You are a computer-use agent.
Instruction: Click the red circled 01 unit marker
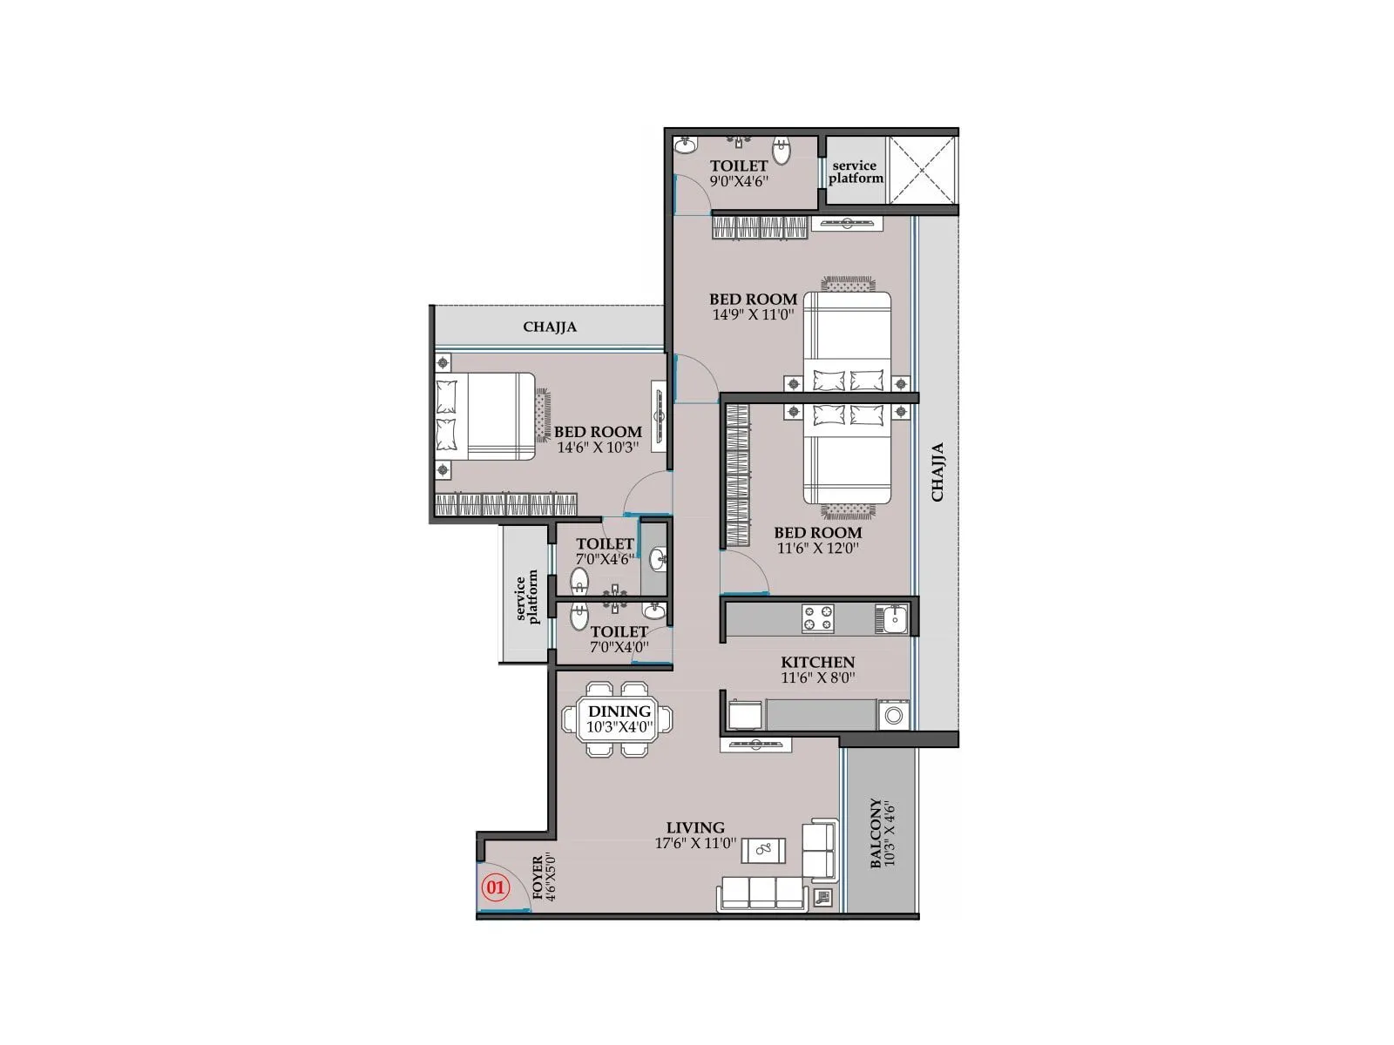pyautogui.click(x=495, y=888)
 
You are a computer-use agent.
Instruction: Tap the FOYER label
pyautogui.click(x=538, y=877)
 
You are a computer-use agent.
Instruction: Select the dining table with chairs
pyautogui.click(x=619, y=719)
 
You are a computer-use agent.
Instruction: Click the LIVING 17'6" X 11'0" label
pyautogui.click(x=695, y=835)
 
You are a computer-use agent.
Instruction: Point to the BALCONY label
pyautogui.click(x=882, y=834)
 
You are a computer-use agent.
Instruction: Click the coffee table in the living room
pyautogui.click(x=763, y=850)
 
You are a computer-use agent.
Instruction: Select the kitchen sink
pyautogui.click(x=895, y=619)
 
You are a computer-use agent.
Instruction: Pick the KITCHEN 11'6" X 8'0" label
pyautogui.click(x=817, y=669)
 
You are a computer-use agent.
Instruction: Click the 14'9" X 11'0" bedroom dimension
pyautogui.click(x=754, y=315)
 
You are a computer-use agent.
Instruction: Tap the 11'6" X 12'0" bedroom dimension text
pyautogui.click(x=818, y=549)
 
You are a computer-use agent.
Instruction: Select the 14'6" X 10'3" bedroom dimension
pyautogui.click(x=599, y=448)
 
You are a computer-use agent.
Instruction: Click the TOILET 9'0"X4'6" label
pyautogui.click(x=739, y=173)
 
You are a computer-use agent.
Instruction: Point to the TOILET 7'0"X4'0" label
pyautogui.click(x=619, y=639)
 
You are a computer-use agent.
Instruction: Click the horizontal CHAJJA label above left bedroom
pyautogui.click(x=550, y=327)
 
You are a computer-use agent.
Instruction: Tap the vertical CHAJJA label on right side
pyautogui.click(x=938, y=473)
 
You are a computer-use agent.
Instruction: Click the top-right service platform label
pyautogui.click(x=856, y=172)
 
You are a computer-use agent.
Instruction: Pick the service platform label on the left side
pyautogui.click(x=527, y=599)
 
